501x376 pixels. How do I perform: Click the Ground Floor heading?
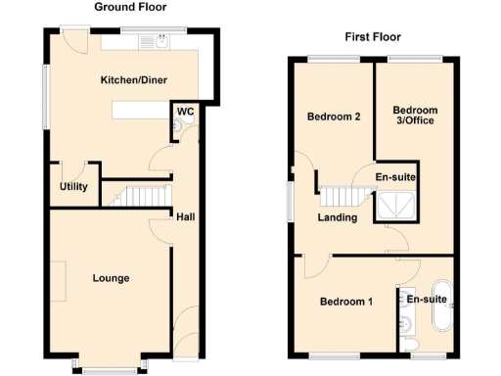[128, 7]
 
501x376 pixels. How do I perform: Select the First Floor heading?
[372, 37]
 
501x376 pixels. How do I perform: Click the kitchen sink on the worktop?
[154, 41]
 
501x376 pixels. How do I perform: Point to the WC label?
[185, 112]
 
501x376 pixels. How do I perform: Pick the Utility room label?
[73, 187]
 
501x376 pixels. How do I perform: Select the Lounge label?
[111, 278]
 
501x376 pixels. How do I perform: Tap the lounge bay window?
[109, 367]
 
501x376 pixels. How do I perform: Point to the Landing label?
[337, 217]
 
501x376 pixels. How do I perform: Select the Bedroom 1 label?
[345, 302]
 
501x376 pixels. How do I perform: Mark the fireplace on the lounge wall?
[60, 281]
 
